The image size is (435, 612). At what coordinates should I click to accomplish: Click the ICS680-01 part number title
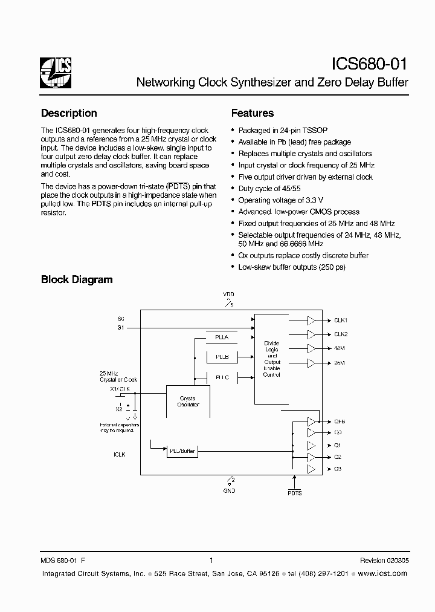[370, 64]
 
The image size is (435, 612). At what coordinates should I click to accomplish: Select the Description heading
[69, 113]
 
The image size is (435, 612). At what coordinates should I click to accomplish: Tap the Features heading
[253, 113]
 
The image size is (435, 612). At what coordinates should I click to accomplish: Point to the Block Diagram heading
[77, 279]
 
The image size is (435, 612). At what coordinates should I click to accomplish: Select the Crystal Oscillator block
[188, 401]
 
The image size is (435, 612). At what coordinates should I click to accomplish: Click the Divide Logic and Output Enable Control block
[272, 359]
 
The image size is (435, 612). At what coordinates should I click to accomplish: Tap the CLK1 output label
[341, 320]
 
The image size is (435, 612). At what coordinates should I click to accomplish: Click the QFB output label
[340, 421]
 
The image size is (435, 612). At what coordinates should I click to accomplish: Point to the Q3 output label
[338, 469]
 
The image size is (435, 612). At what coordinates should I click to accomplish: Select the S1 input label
[120, 327]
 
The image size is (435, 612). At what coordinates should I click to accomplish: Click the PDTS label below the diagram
[294, 493]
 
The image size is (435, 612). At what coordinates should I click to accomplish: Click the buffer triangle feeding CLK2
[311, 334]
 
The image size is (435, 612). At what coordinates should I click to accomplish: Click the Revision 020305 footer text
[384, 561]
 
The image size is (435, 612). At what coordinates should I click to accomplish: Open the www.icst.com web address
[382, 573]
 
